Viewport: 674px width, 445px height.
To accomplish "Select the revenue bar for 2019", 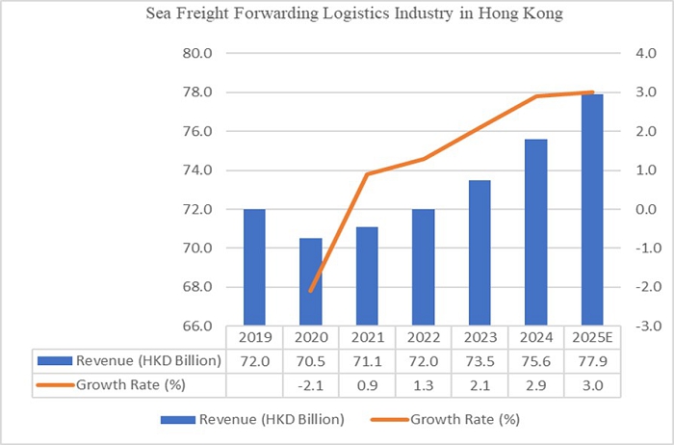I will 254,267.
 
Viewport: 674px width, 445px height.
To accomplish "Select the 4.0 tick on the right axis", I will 638,54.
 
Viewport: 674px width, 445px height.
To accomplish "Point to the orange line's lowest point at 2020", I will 311,291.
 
